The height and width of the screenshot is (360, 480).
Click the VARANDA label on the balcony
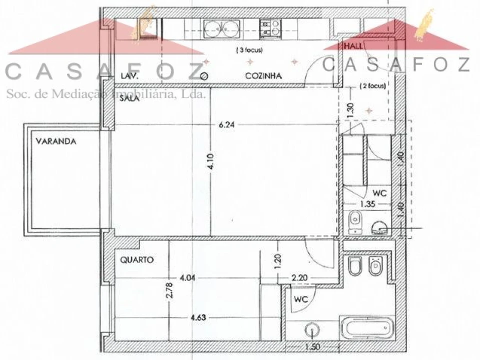(56, 141)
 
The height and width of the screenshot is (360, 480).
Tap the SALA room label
(129, 99)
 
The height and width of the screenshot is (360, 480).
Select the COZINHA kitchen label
(263, 76)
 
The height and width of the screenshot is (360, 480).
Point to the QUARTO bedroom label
(137, 260)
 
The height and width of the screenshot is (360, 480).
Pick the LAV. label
(130, 76)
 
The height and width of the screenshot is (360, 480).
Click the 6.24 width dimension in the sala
(227, 125)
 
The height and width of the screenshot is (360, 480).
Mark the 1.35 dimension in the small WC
(369, 203)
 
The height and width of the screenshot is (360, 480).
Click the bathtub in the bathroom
(366, 328)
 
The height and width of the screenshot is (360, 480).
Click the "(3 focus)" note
(249, 50)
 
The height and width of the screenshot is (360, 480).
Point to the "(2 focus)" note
(373, 86)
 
